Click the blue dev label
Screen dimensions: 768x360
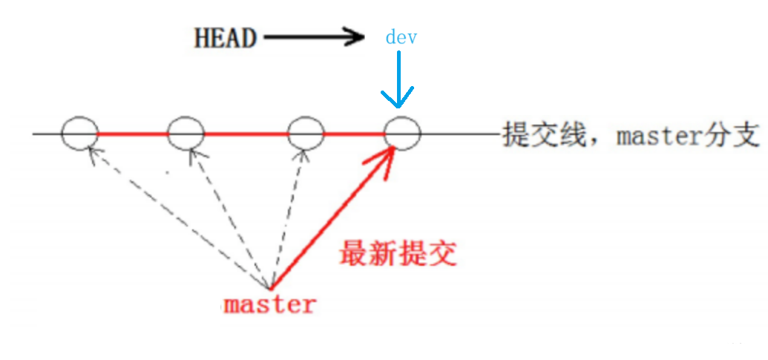401,38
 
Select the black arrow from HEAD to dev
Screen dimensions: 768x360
312,37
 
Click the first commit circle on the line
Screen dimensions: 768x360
79,134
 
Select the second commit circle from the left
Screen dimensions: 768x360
186,134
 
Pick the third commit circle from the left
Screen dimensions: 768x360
306,134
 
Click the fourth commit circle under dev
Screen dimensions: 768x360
402,134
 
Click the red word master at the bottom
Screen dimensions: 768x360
270,304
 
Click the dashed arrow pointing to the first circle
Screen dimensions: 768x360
178,219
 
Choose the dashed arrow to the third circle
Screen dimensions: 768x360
289,215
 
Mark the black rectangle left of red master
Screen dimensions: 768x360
128,313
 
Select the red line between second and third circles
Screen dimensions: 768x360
246,134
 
